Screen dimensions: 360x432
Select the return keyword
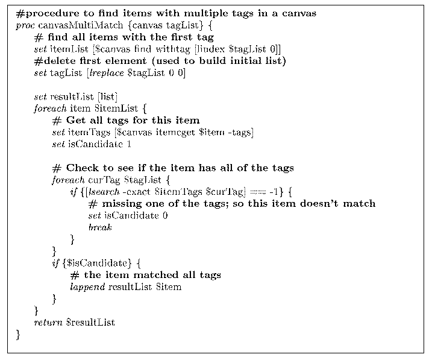(x=48, y=322)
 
